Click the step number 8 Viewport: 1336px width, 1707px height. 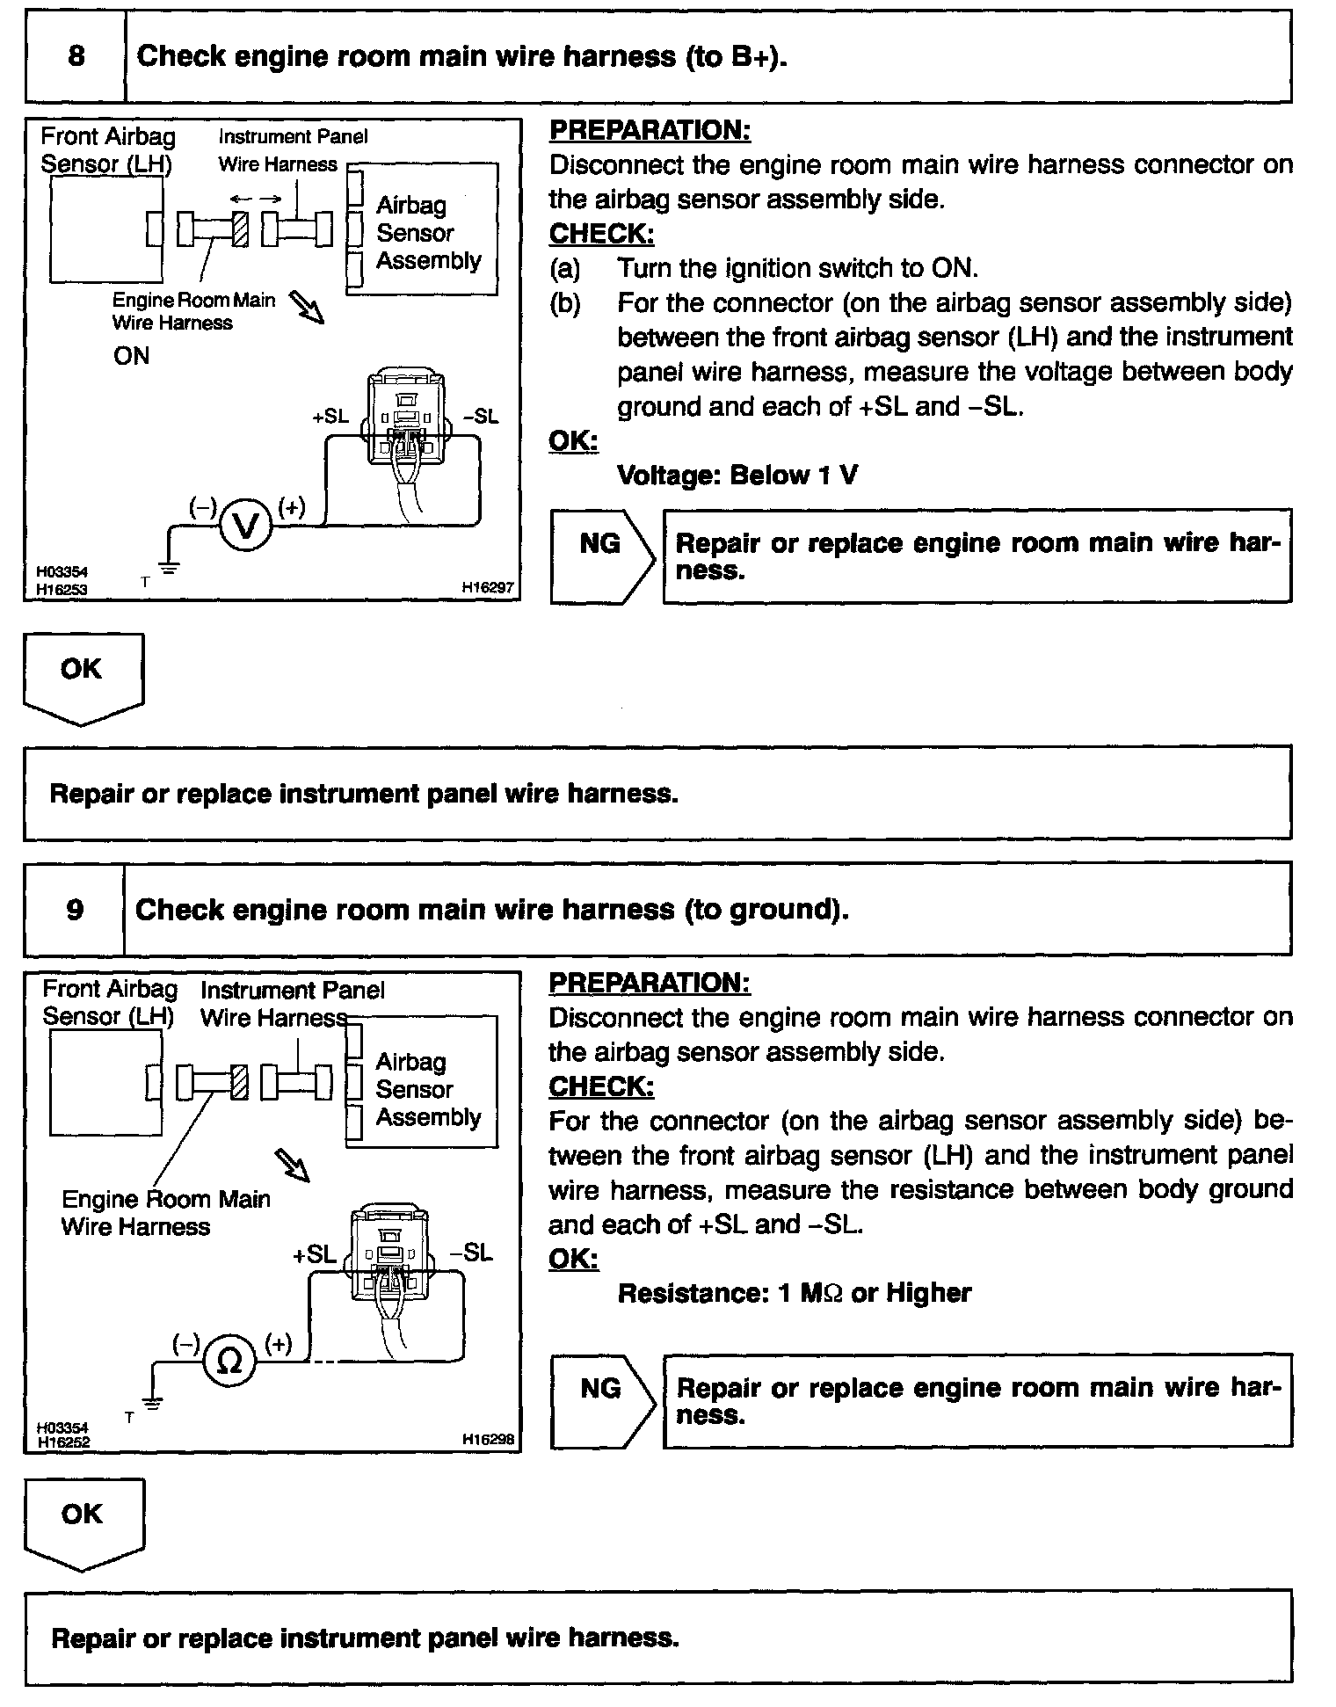tap(76, 57)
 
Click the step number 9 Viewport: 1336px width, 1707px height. tap(75, 909)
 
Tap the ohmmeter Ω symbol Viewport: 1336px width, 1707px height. tap(229, 1362)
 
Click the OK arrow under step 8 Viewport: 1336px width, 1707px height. tap(83, 678)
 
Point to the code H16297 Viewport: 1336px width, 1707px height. tap(488, 588)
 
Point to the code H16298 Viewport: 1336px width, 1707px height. tap(488, 1440)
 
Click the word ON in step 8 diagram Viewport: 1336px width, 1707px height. tap(132, 356)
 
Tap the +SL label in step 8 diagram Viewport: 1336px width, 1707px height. tap(330, 417)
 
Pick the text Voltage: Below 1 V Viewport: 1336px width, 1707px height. tap(737, 476)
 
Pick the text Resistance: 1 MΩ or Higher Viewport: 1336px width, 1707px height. tap(795, 1293)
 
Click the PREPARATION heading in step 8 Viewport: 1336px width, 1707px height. tap(650, 130)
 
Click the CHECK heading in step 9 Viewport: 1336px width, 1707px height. tap(601, 1086)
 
